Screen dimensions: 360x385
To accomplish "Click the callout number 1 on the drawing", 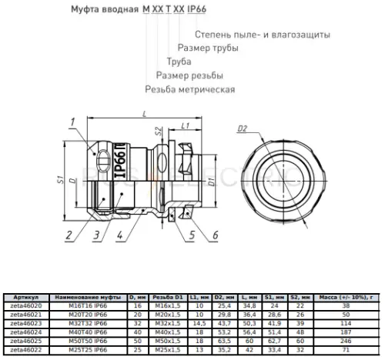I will [70, 122].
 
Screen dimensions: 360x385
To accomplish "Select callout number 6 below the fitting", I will [216, 234].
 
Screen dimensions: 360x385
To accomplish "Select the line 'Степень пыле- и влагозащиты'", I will [263, 35].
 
